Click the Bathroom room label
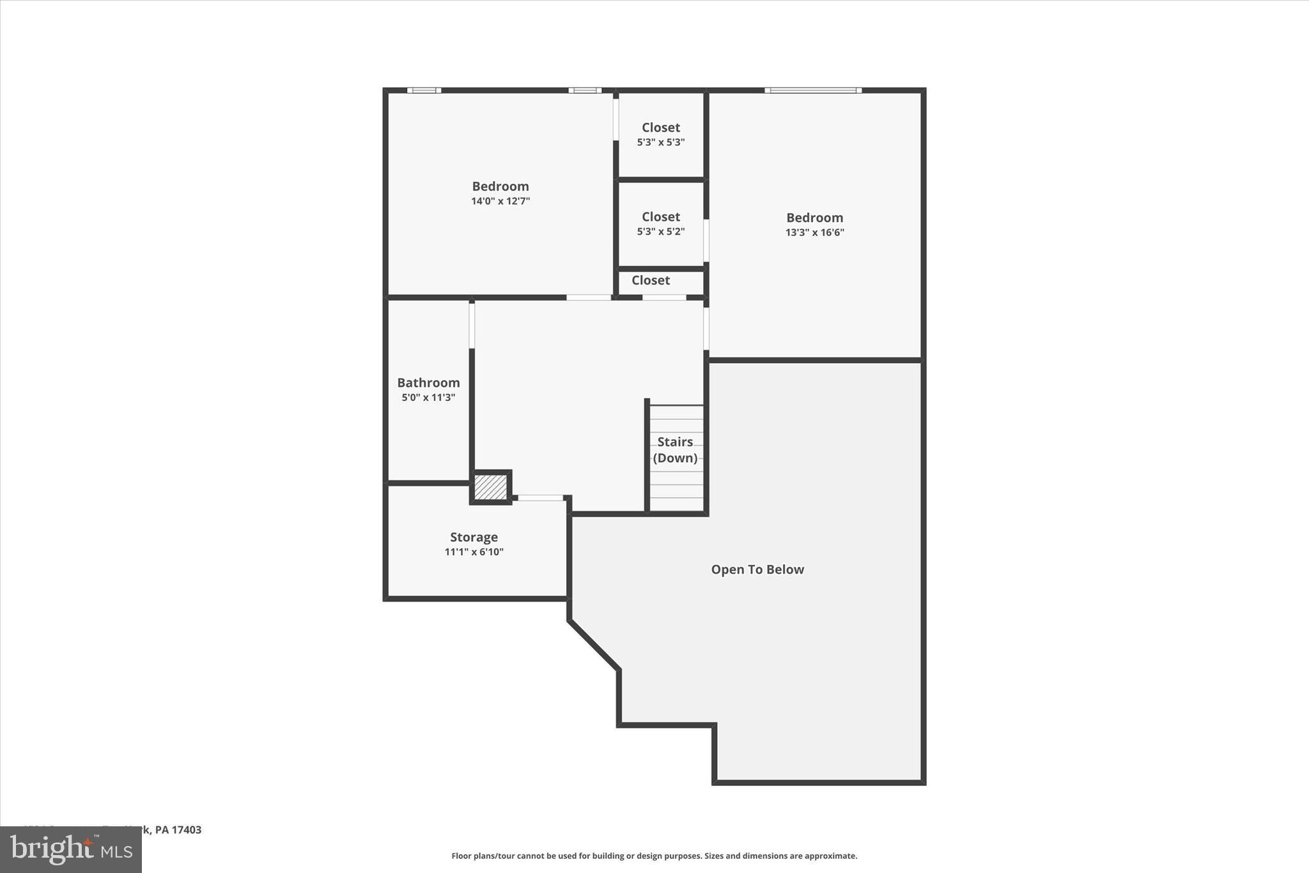click(x=428, y=382)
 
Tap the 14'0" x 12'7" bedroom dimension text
click(x=500, y=201)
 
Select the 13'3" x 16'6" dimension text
click(x=814, y=233)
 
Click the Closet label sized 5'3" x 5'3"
click(x=661, y=127)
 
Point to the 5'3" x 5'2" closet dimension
click(x=661, y=232)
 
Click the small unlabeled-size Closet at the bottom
click(x=651, y=280)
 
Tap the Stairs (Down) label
click(x=675, y=450)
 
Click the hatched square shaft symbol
click(x=490, y=487)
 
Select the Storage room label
click(x=474, y=537)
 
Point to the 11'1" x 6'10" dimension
click(x=474, y=552)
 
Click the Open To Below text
click(x=757, y=569)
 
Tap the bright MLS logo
click(x=71, y=849)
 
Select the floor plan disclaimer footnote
click(x=654, y=856)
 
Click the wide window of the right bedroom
click(x=813, y=91)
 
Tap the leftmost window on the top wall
click(x=424, y=91)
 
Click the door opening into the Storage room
click(x=540, y=498)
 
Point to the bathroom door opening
click(x=472, y=325)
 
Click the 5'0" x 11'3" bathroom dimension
click(x=428, y=398)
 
